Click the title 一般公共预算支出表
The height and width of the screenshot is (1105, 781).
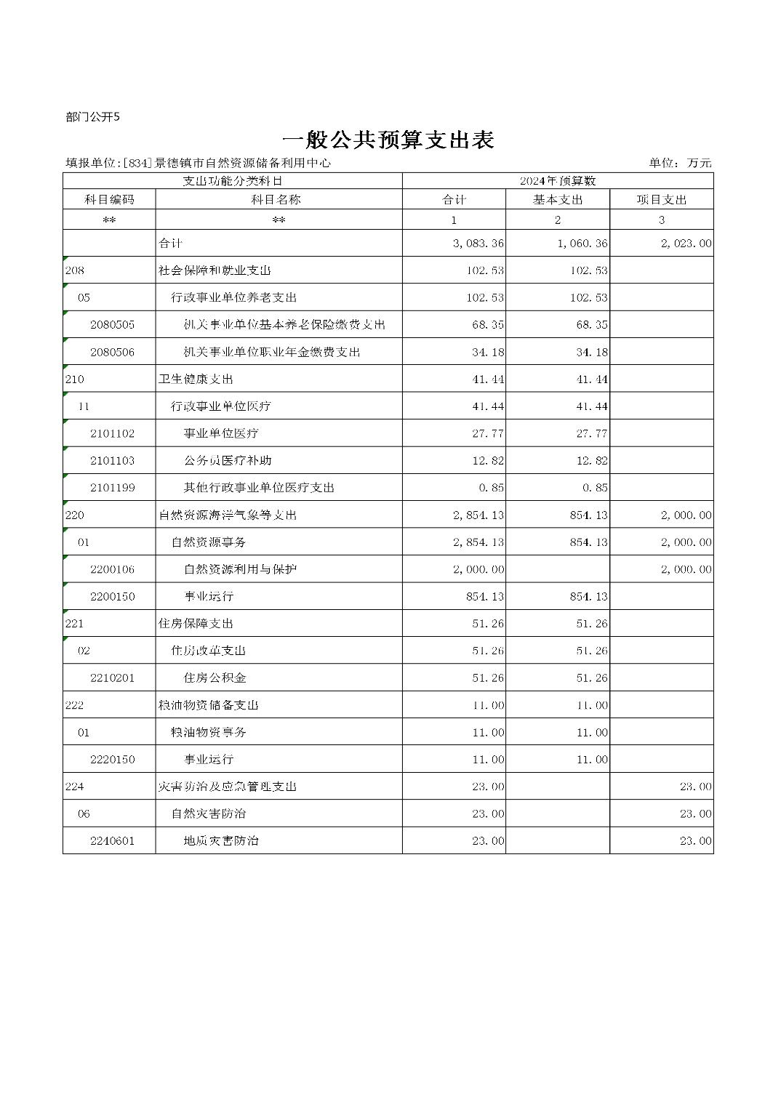(x=388, y=140)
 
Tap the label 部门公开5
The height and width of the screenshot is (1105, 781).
(x=92, y=116)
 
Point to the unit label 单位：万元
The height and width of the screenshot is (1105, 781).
(x=680, y=163)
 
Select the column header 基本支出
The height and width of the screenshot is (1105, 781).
(x=558, y=199)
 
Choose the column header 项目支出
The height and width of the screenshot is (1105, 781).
(x=662, y=199)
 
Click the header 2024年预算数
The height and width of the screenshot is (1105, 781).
(x=558, y=180)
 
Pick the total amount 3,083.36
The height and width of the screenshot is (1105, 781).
(x=478, y=244)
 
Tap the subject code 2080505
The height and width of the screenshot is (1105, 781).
(x=112, y=325)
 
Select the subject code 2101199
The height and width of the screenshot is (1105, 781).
(x=112, y=488)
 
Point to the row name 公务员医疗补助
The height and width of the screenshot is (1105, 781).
(x=228, y=461)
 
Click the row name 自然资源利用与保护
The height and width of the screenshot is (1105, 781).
(x=240, y=569)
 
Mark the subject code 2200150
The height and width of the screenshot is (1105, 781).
(x=112, y=597)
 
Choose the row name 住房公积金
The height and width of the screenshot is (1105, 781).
(x=215, y=678)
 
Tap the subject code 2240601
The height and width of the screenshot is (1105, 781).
(x=112, y=841)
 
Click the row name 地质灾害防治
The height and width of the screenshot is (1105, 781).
(x=221, y=841)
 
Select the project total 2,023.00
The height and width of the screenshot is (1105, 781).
(x=686, y=244)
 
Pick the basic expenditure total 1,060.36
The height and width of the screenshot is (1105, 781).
(x=582, y=244)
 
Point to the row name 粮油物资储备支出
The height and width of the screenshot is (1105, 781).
(x=209, y=705)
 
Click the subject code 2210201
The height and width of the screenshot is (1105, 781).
(x=112, y=678)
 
